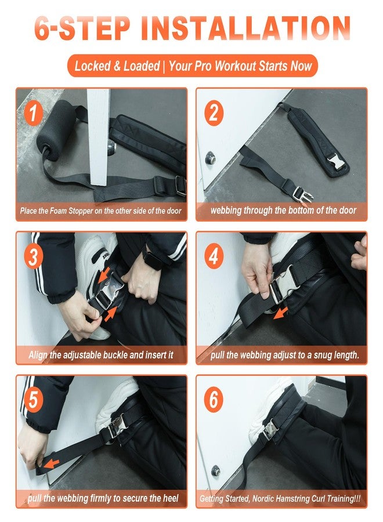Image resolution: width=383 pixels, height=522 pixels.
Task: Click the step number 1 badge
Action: (x=33, y=113)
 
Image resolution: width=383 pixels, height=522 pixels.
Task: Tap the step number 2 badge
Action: (x=214, y=113)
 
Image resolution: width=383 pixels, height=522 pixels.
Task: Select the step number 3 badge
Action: (x=33, y=257)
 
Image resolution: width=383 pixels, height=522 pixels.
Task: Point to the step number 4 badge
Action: (x=214, y=257)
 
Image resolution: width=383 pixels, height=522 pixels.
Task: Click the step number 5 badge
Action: (x=33, y=400)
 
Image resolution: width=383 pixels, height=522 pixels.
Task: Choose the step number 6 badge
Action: (x=214, y=400)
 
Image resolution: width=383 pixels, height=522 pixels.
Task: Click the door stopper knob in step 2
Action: (x=210, y=157)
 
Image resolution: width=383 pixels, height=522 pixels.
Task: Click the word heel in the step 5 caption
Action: (x=171, y=498)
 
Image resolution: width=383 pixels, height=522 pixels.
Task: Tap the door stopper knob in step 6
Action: (x=216, y=470)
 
